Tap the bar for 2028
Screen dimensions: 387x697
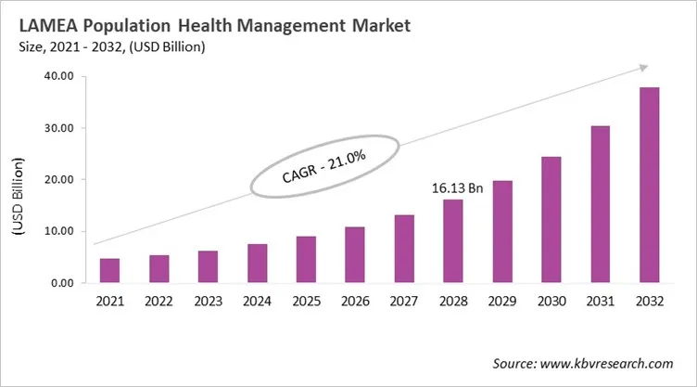pos(452,241)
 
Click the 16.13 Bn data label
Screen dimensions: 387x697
pos(458,187)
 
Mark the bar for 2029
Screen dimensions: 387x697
pos(501,232)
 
